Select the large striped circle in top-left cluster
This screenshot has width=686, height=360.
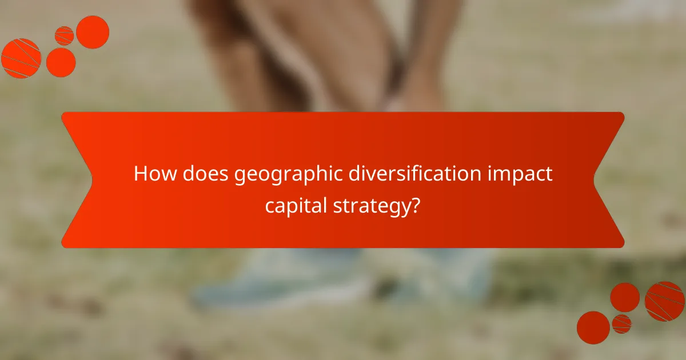click(x=21, y=58)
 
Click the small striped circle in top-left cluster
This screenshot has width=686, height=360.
click(x=65, y=35)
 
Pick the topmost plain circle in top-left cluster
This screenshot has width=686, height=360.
click(x=93, y=32)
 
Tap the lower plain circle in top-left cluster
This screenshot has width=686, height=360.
click(x=61, y=62)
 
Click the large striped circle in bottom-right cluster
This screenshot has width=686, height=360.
click(x=664, y=301)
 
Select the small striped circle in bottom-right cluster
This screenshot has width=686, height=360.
click(x=621, y=324)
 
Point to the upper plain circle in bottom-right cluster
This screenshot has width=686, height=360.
click(x=625, y=297)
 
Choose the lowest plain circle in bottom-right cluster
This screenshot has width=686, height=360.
click(x=593, y=327)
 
